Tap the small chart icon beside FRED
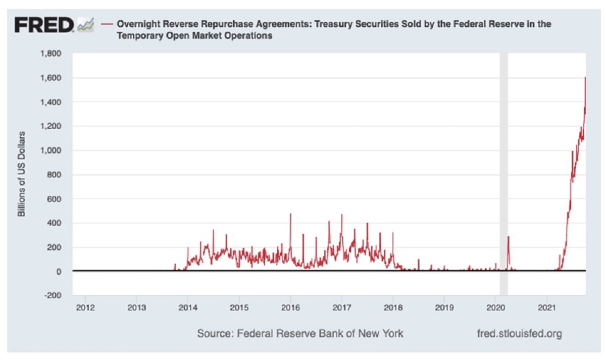(85, 24)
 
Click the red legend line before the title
(107, 24)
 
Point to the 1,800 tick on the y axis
(52, 54)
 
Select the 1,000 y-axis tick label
(52, 150)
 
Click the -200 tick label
(53, 295)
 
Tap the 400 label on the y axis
(55, 223)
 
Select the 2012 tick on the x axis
(85, 306)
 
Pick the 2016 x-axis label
(290, 306)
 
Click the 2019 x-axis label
(444, 306)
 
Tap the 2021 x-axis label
(546, 306)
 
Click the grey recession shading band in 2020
(503, 172)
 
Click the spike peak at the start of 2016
(290, 214)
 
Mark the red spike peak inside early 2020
(509, 236)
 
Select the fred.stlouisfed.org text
(519, 334)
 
